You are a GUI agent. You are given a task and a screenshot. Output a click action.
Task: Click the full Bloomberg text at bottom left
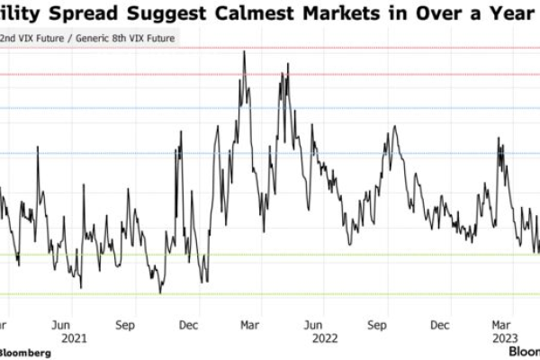pos(25,352)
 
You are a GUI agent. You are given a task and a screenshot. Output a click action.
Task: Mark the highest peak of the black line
pos(244,51)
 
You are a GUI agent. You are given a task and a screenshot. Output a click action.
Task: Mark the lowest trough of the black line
pos(160,292)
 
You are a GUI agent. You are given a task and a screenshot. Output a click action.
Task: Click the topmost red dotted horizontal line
pos(270,48)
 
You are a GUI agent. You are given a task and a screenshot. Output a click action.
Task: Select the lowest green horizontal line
pos(270,294)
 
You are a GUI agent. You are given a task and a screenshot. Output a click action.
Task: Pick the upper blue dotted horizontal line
pos(270,108)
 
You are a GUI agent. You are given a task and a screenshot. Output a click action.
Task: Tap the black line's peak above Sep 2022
pos(393,127)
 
